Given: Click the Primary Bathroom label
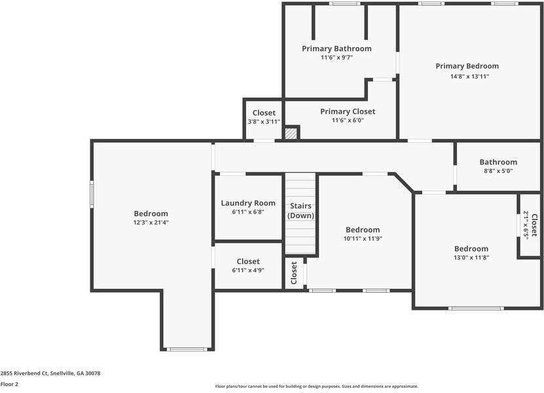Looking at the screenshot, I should coord(336,48).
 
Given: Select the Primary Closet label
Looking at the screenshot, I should coord(348,111).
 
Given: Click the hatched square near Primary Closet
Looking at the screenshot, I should coord(291,133).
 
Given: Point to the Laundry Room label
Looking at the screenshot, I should coord(248,203).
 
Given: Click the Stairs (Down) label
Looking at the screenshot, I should coord(301,211).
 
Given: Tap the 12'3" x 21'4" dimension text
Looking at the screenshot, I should coord(151,223).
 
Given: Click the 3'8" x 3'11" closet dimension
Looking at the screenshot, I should coord(264,122).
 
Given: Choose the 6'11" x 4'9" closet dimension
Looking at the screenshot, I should coord(248,270).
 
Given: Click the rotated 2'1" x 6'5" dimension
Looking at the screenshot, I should coord(526,225).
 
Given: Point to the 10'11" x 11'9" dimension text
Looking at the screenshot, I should coord(363,239).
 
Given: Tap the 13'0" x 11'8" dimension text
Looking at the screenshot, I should coord(471,257).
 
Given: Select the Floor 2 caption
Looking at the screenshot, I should coord(9,384).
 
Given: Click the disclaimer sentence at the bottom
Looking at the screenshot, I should coord(317,386).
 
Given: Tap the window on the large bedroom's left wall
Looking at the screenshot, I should coord(92,194).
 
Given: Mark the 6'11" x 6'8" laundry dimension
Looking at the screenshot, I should coord(248,212).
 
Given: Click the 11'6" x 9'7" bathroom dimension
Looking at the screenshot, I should coord(336,58).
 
